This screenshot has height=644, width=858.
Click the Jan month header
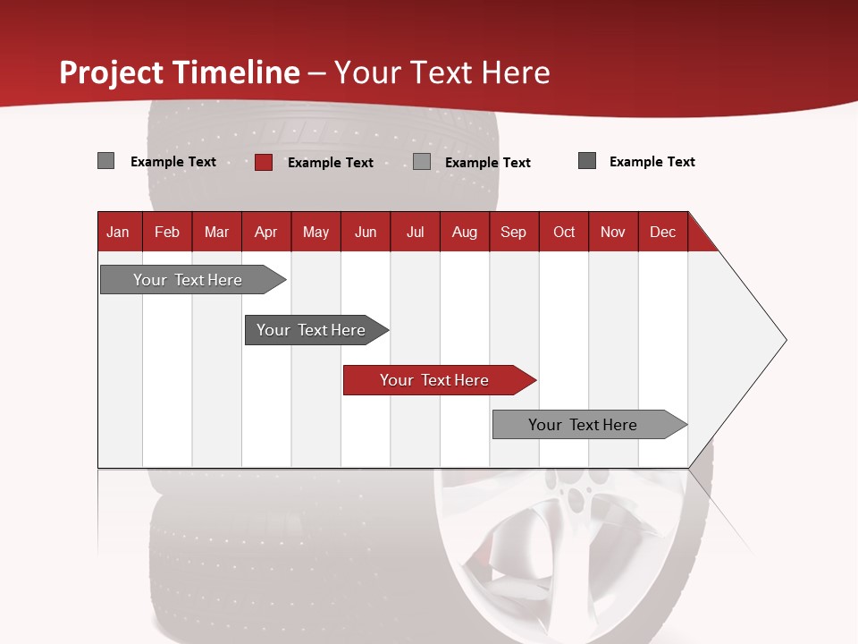coord(118,233)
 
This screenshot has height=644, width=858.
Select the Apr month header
coord(265,233)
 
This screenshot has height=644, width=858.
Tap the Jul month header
coord(415,233)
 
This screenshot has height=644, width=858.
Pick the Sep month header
coord(513,233)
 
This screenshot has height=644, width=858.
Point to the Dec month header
coord(662,233)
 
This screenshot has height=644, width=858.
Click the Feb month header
coord(167,233)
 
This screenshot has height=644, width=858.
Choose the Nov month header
coord(613,233)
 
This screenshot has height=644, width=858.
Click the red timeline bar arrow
coord(438,380)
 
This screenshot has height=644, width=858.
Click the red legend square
coord(264,162)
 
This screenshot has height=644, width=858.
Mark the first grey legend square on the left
coord(106,161)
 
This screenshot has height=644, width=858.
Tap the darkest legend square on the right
coord(587,161)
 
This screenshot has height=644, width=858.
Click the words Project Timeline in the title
coord(180,72)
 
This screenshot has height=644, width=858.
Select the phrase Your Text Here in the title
coord(442,72)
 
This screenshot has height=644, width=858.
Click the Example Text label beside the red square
coord(330,163)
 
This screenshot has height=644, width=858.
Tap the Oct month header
coord(564,233)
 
